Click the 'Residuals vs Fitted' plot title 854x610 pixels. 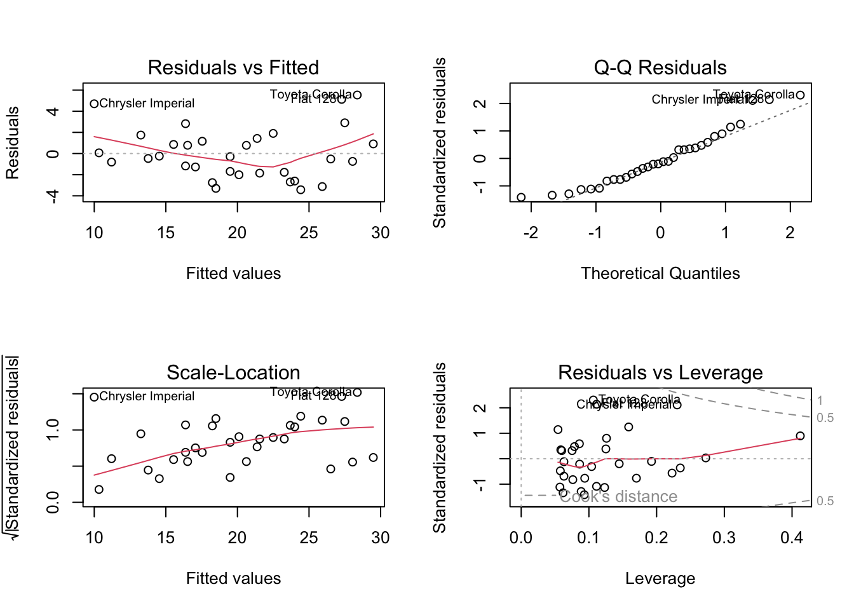233,67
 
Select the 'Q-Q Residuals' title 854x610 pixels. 660,67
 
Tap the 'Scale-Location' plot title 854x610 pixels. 233,372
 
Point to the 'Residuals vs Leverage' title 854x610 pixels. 660,372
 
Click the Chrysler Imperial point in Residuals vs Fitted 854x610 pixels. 94,104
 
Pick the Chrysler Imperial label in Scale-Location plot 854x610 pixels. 147,396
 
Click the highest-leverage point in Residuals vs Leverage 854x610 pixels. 800,436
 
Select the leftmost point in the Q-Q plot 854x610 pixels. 521,198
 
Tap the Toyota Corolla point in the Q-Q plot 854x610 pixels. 800,95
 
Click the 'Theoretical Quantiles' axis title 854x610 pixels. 660,273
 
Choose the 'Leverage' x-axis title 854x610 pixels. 660,578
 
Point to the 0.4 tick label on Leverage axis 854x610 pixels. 792,538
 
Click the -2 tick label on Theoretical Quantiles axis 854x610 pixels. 531,233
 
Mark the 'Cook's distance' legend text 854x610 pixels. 618,497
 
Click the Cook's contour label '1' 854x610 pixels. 820,400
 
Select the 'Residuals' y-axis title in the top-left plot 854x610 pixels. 13,142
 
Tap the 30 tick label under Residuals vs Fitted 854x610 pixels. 380,233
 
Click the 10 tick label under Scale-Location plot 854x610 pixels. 94,538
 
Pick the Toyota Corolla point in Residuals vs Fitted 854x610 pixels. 357,95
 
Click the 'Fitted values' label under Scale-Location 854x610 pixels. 233,578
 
